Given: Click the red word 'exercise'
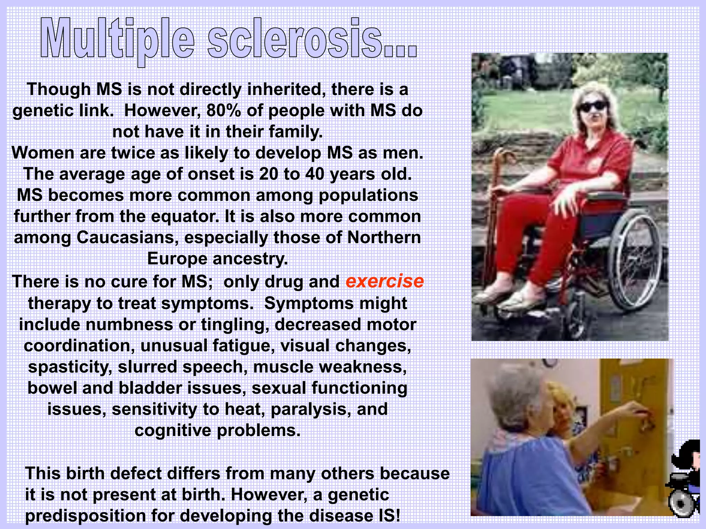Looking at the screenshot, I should pyautogui.click(x=385, y=281).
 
